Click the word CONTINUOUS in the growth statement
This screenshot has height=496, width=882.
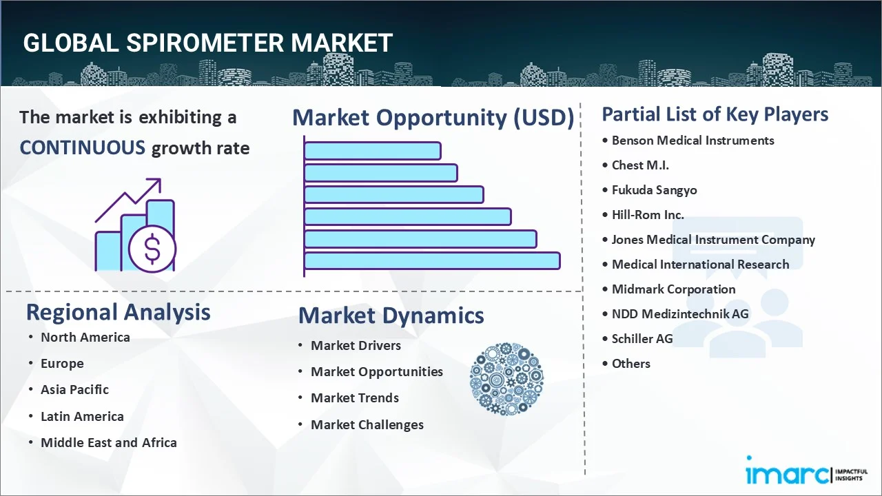tap(82, 147)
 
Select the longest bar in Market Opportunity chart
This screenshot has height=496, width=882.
tap(431, 260)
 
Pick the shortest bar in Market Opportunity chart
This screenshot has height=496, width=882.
tap(372, 150)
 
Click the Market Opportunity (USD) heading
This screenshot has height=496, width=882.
tap(433, 118)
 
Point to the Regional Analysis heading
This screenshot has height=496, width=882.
tap(118, 312)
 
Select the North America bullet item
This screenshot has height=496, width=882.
tap(85, 337)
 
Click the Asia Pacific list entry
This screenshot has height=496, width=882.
tap(74, 389)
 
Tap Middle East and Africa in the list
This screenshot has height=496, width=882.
tap(108, 442)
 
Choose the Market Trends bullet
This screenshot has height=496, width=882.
tap(354, 397)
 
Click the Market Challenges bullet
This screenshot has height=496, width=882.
tap(367, 424)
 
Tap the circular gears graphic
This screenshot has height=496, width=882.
tap(506, 379)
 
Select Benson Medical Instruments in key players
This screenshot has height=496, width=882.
tap(693, 141)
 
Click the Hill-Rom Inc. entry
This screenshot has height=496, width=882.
tap(648, 215)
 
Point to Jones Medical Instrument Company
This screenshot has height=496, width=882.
tap(713, 240)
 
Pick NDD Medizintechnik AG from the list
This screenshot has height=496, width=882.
tap(679, 314)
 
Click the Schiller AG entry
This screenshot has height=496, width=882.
tap(642, 339)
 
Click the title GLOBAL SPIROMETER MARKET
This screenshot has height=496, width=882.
tap(207, 43)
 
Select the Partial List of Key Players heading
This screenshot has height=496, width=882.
tap(715, 114)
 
